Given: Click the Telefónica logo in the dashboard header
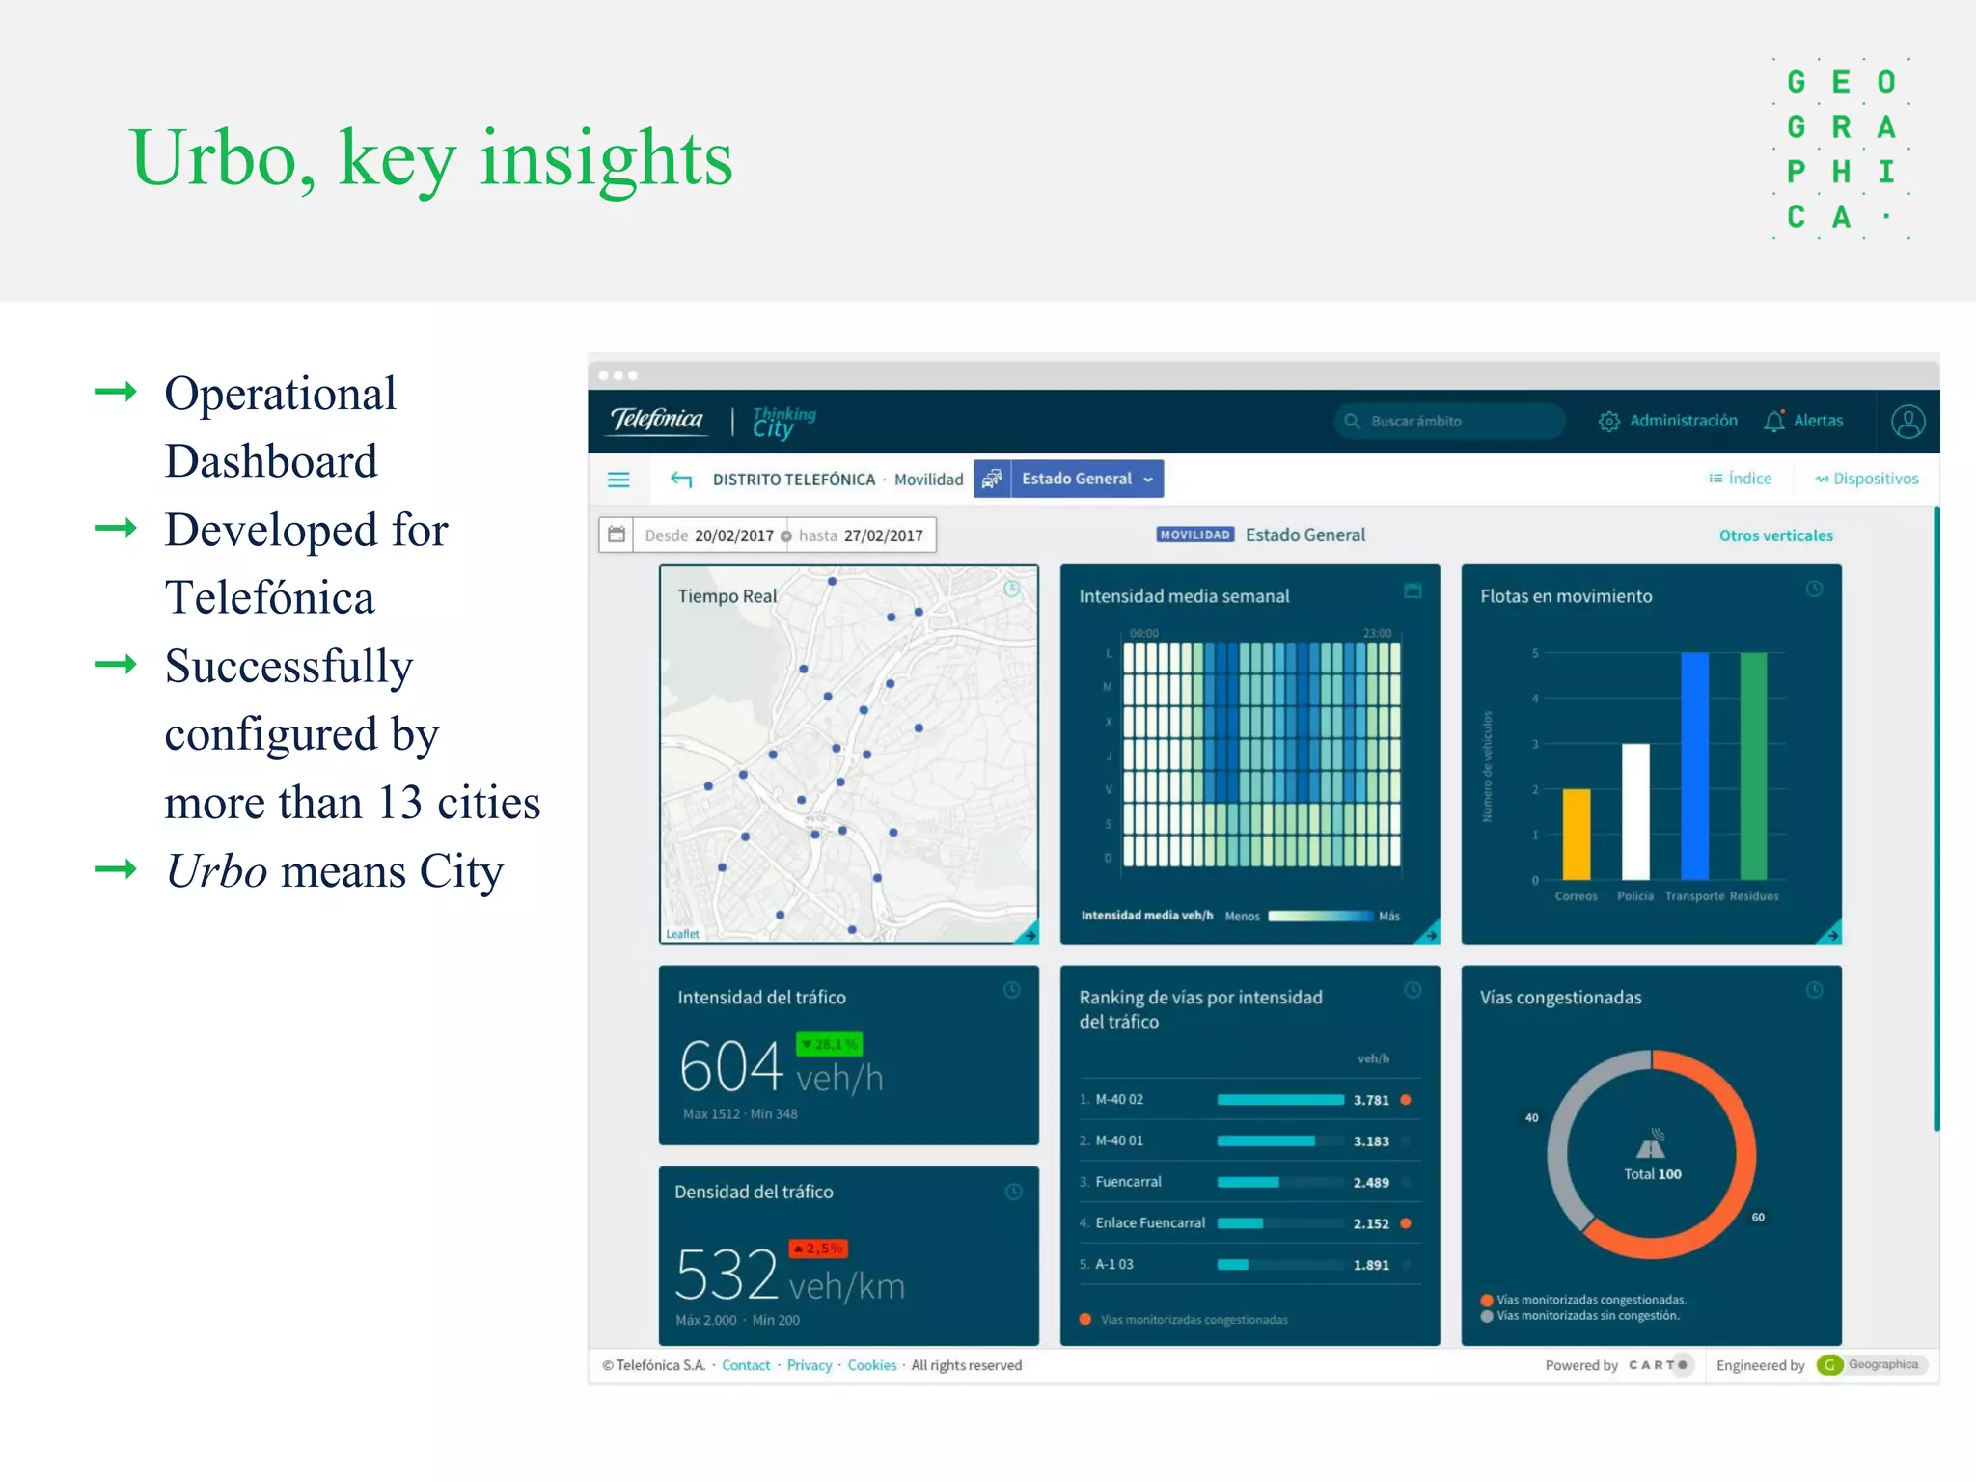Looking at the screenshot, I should click(657, 420).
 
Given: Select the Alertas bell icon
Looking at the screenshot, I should click(1773, 421).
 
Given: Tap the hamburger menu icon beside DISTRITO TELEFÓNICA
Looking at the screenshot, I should click(618, 480).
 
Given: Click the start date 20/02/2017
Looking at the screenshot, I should click(733, 535).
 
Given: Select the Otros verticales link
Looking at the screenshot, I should click(1775, 535).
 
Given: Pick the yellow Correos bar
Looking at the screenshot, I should click(1576, 835).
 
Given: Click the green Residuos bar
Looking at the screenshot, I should click(1753, 767).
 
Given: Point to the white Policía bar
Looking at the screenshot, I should click(1635, 810).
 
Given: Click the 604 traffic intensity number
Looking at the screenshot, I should click(730, 1067).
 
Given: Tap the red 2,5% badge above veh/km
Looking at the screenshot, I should click(818, 1249).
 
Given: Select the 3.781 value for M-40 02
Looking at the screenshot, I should click(1370, 1100).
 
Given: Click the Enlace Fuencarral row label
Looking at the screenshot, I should click(1150, 1223).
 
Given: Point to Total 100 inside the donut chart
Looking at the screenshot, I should click(1652, 1174).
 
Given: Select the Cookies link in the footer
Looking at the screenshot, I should click(871, 1365).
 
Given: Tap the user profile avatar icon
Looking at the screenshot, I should click(1907, 422).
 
